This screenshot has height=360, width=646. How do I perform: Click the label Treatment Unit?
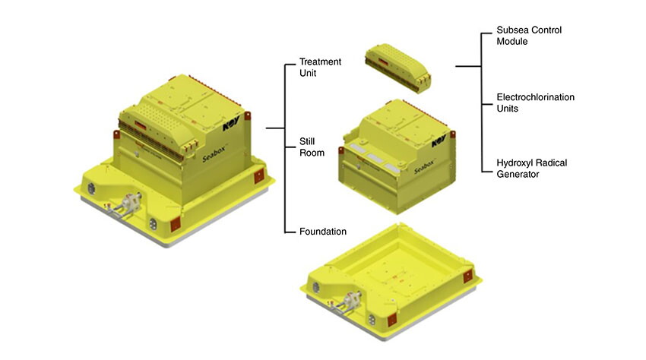coord(320,67)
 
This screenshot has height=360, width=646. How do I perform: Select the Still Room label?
coord(312,147)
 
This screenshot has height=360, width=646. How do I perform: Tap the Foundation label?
coord(322,232)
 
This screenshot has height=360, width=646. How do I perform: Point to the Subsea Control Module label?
coord(529,36)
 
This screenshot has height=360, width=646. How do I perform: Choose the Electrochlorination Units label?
coord(535,103)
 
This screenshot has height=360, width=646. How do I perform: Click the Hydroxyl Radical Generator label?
coord(531,169)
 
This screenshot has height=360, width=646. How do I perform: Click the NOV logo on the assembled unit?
coord(231,124)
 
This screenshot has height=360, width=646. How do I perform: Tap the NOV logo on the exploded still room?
coord(439,141)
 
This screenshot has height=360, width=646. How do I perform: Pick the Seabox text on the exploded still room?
coord(424,166)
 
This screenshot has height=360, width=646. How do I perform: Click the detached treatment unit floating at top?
coord(397,68)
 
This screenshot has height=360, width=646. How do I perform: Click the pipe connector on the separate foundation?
coord(347,302)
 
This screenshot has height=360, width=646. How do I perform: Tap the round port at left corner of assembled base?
coord(91,188)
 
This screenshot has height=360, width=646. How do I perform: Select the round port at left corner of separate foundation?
coord(316,287)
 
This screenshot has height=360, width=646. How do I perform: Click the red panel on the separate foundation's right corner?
coord(467,276)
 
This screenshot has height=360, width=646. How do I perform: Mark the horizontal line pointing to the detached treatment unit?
coord(468,66)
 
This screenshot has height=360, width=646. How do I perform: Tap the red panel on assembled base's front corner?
coord(175,223)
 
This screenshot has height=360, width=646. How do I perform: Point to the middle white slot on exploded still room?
coord(375,157)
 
